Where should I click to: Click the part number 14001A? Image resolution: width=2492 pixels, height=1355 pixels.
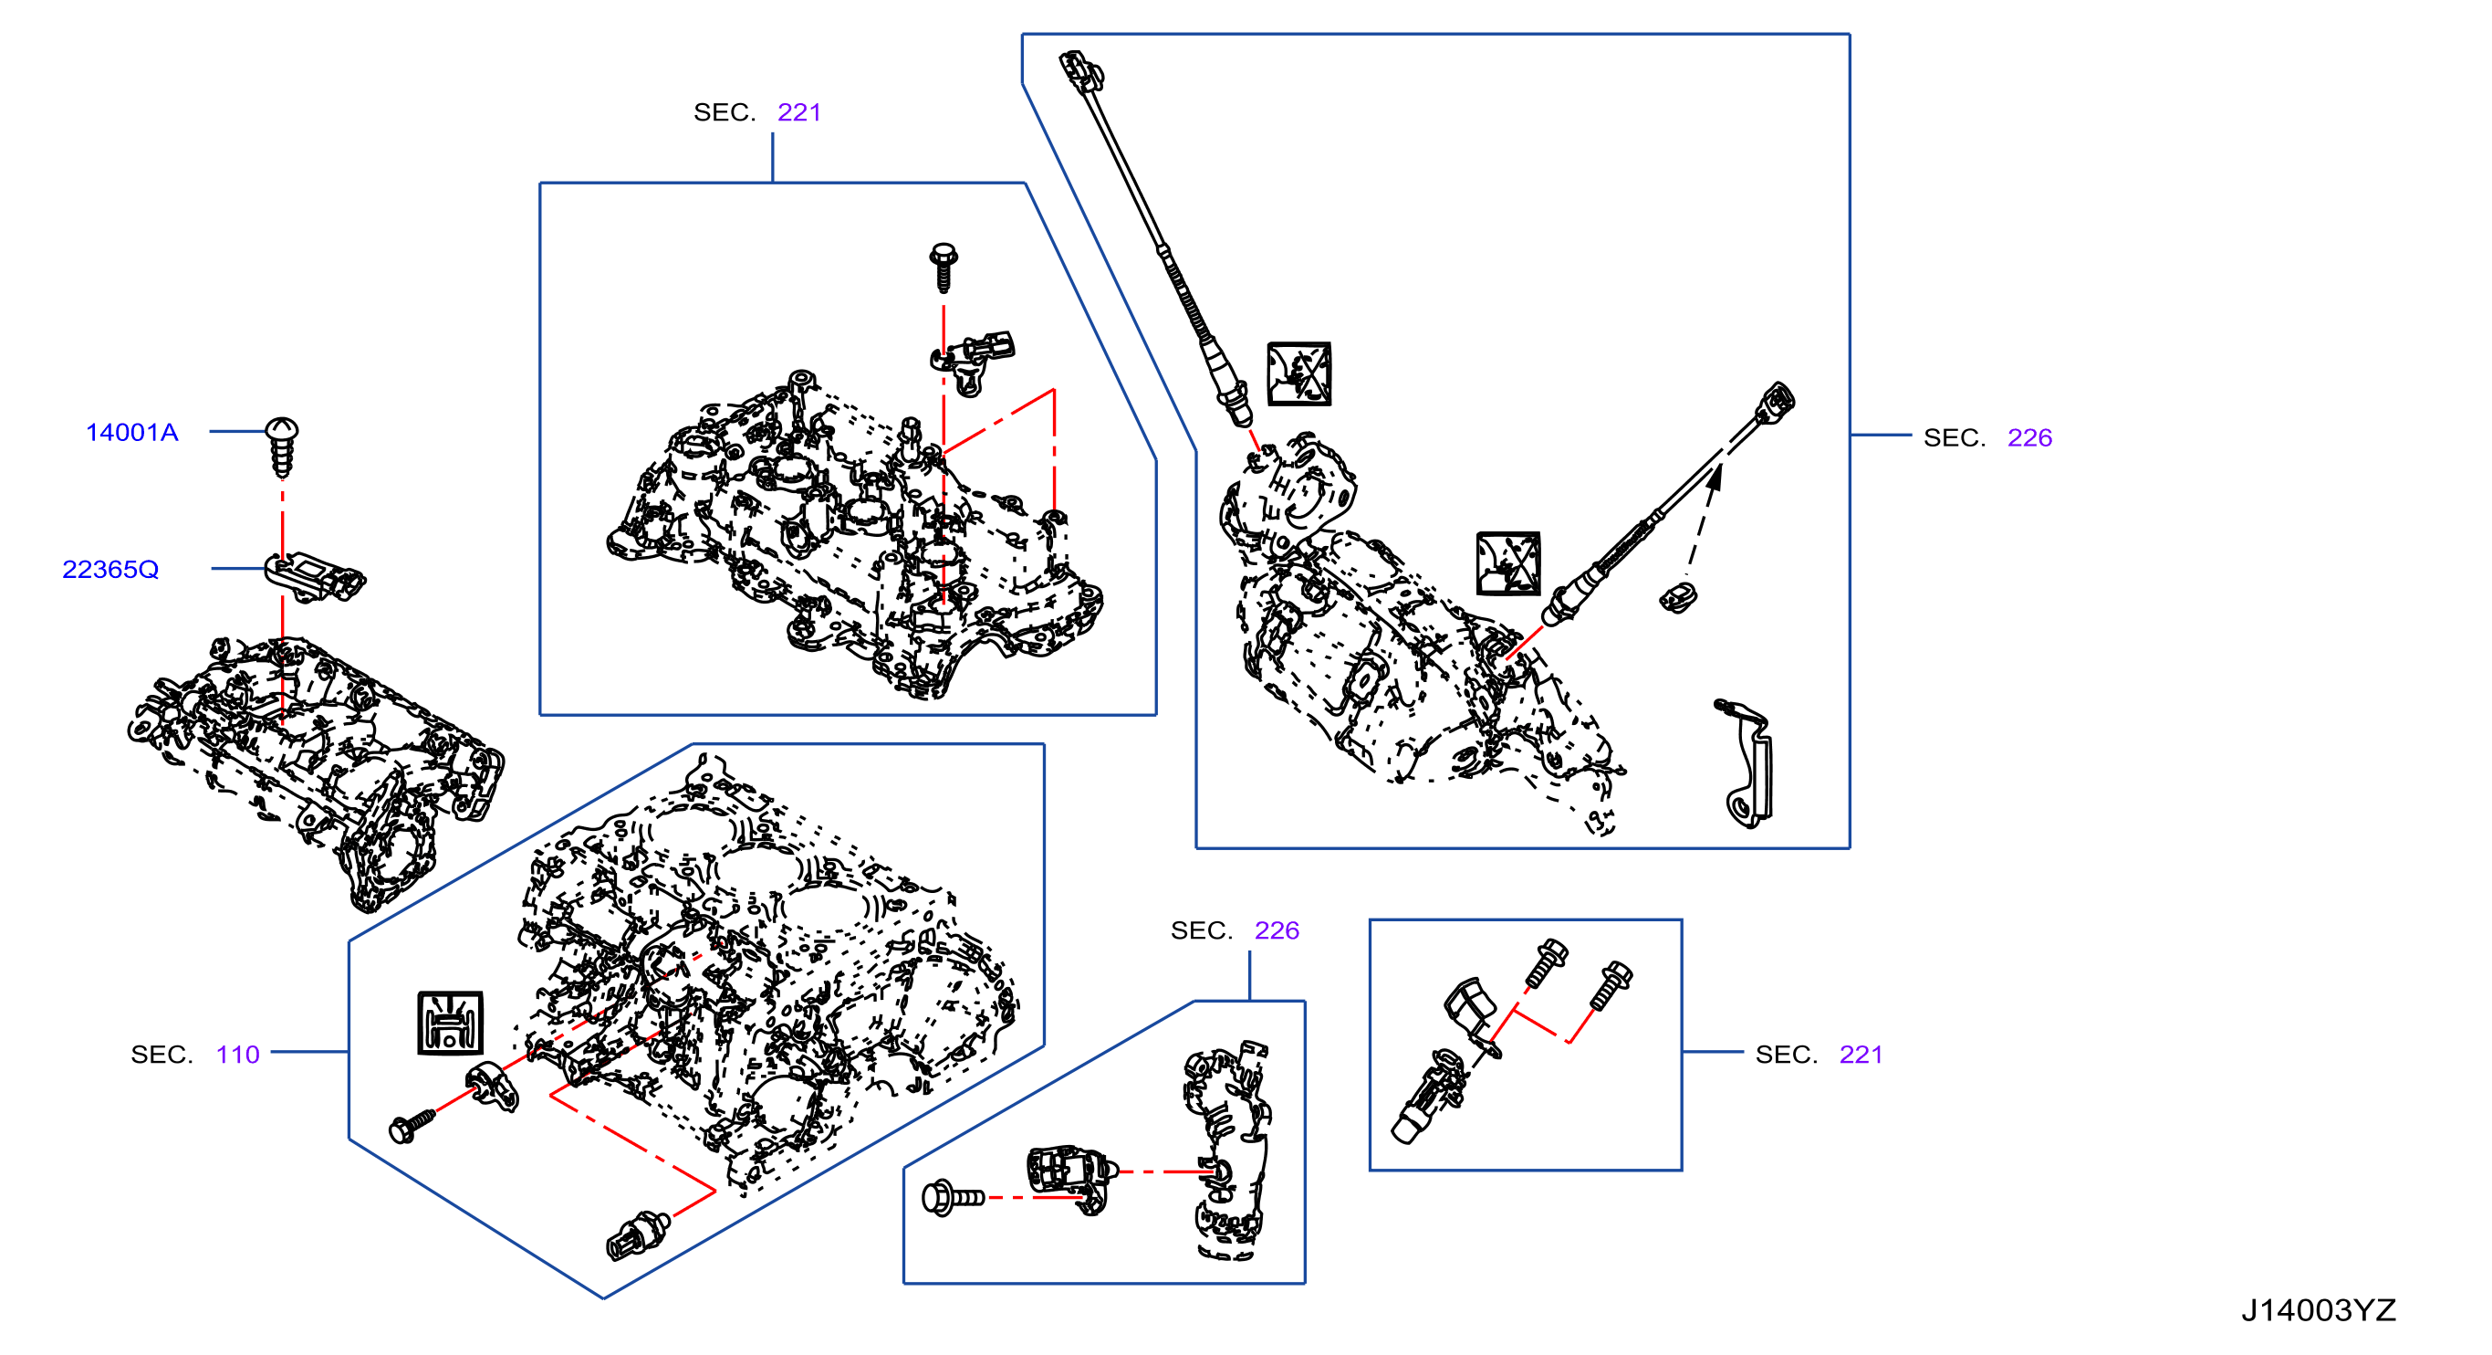coord(131,433)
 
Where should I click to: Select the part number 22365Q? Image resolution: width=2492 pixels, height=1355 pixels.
coord(110,569)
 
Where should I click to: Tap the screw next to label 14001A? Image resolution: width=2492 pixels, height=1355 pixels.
coord(282,447)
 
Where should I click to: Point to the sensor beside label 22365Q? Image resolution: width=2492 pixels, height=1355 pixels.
coord(316,577)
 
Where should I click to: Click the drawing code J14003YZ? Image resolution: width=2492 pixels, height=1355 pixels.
coord(2318,1310)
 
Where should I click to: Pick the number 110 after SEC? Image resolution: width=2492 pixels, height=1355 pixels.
coord(238,1054)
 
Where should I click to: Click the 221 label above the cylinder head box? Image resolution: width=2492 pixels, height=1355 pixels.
coord(799,112)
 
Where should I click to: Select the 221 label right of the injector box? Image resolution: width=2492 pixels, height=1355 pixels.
coord(1861,1054)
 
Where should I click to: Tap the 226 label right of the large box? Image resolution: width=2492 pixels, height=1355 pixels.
coord(2029,437)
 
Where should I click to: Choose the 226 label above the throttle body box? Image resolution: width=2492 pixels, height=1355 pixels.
coord(1277,930)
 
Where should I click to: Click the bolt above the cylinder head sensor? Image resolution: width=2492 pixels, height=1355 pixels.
coord(944,268)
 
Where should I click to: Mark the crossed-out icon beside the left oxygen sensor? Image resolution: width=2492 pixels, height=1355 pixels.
coord(1299,373)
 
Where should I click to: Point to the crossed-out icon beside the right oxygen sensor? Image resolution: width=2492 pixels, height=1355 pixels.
coord(1508,563)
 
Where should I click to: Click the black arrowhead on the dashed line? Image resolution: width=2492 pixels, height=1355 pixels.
coord(1715,478)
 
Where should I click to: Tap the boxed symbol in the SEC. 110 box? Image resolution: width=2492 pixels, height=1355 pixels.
coord(450,1022)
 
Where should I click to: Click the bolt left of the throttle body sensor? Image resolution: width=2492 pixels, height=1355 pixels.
coord(953,1198)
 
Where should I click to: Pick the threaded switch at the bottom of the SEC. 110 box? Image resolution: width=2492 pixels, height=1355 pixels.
coord(638,1235)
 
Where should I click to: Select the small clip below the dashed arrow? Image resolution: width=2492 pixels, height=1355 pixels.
coord(1678,596)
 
